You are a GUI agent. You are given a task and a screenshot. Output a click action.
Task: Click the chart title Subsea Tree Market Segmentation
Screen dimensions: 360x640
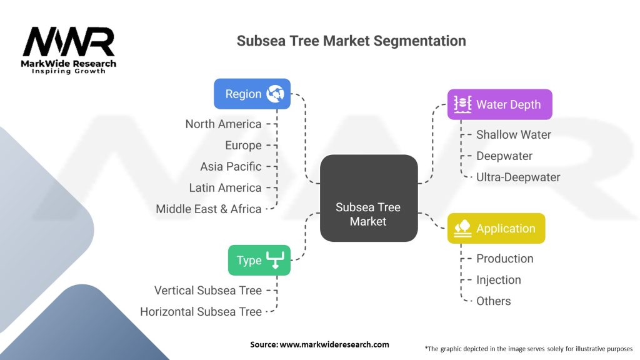click(351, 41)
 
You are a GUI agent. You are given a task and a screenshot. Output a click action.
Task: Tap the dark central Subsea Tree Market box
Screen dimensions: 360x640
click(369, 199)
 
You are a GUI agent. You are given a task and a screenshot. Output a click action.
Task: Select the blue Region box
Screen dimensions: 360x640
click(252, 94)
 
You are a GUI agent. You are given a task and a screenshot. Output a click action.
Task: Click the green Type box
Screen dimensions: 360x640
click(259, 261)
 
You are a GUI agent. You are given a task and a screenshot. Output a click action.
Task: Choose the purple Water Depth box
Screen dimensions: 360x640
click(499, 104)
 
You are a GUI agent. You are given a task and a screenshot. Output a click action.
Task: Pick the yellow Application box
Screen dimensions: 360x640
click(496, 229)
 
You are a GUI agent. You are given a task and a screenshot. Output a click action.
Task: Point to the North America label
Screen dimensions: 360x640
click(223, 124)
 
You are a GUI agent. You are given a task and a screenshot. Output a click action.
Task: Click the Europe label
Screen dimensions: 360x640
click(243, 145)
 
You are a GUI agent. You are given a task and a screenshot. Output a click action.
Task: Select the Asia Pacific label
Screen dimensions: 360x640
click(231, 166)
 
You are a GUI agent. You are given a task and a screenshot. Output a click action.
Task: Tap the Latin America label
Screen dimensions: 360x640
click(225, 187)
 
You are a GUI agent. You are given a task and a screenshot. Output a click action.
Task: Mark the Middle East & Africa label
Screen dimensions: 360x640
click(208, 209)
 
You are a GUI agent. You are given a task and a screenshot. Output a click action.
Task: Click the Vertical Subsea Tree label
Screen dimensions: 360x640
click(207, 290)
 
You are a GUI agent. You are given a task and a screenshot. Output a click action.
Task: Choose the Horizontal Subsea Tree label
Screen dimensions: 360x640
click(201, 311)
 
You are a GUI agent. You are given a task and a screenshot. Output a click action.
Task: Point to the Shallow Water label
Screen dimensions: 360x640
click(514, 134)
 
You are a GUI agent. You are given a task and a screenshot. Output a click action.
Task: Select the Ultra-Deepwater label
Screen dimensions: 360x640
click(518, 177)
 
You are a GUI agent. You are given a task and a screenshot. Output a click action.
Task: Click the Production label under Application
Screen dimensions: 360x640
click(504, 258)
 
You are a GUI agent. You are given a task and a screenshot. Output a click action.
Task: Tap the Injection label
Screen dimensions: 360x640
click(498, 279)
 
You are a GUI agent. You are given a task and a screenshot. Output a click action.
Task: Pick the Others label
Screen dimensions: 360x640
click(493, 301)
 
